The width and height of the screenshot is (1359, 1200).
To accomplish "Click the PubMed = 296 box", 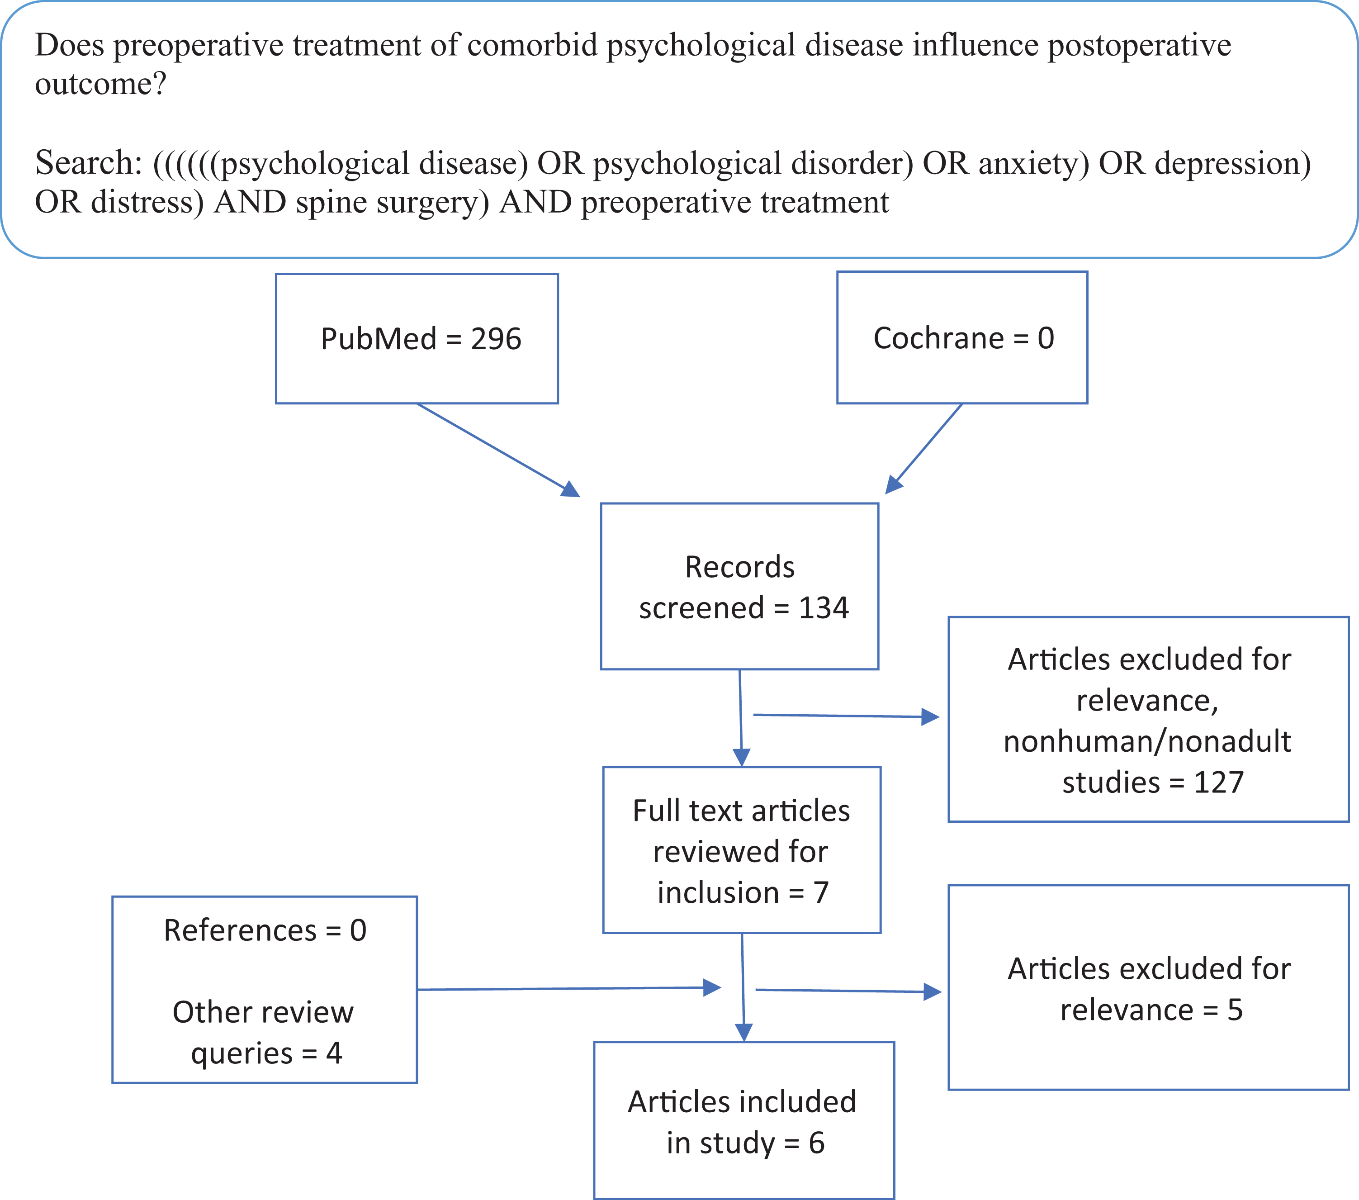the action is tap(417, 338).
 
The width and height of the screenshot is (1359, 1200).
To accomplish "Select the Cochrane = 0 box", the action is tap(962, 337).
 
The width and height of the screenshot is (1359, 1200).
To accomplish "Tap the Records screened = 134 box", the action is tap(739, 586).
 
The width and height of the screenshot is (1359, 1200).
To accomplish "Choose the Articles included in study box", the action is tap(744, 1120).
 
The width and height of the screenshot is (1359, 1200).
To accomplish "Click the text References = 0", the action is tap(265, 930).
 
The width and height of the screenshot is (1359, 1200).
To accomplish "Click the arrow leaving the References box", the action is tap(569, 989).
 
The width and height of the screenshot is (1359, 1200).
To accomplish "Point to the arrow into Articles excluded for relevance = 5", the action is tap(849, 991).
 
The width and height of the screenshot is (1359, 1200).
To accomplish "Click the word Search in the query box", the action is tap(89, 163).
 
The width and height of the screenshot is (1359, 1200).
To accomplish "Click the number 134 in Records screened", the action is tap(824, 607).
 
